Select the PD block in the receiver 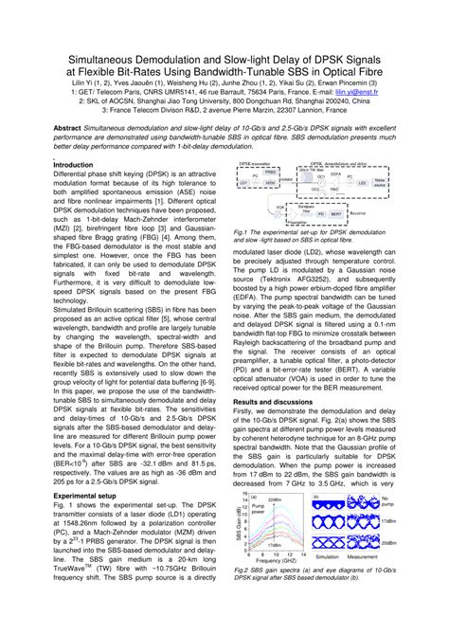[320, 214]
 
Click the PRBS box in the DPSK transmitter [269, 172]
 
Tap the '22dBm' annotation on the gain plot [274, 500]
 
